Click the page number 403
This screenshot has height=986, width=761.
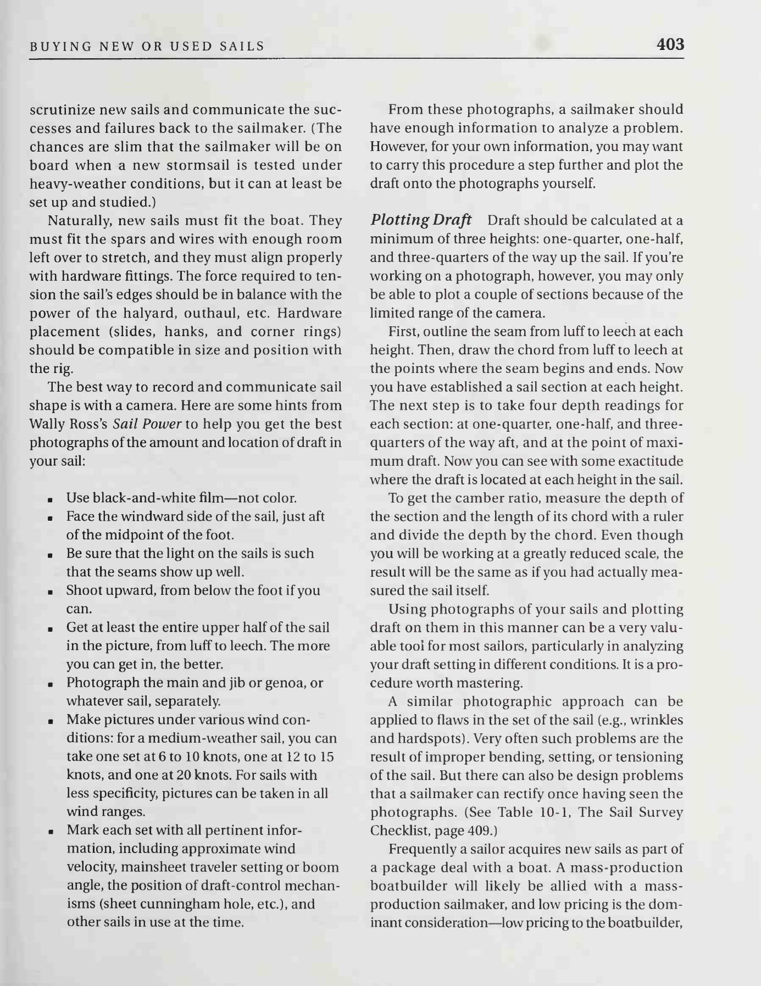670,44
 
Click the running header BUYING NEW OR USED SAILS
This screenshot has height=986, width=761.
147,46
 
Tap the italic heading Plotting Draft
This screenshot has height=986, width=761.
420,220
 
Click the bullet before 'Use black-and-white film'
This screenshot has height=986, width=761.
50,500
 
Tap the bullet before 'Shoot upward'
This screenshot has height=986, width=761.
50,592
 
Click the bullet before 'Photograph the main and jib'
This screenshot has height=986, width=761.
50,684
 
